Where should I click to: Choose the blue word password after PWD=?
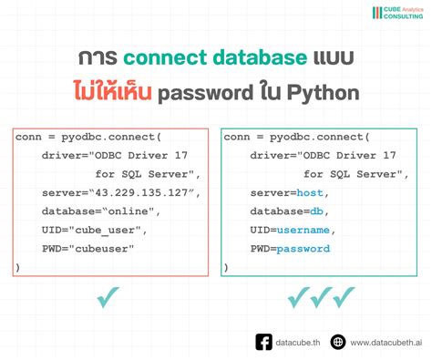click(303, 248)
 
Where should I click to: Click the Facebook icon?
click(263, 342)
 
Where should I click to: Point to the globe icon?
click(338, 342)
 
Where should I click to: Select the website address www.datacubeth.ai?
click(384, 342)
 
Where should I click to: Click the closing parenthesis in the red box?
click(17, 266)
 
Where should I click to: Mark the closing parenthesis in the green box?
click(226, 266)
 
